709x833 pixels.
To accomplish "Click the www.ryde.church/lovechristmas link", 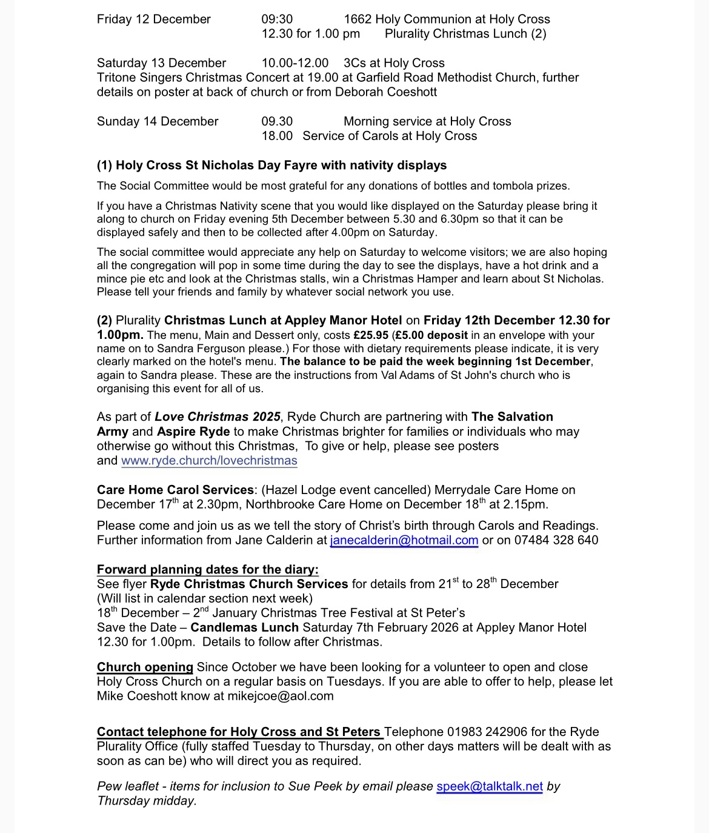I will [x=209, y=461].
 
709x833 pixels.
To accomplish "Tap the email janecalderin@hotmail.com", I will [x=404, y=540].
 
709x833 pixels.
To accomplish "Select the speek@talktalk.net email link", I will [x=490, y=786].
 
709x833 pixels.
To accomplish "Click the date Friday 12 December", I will [x=154, y=19].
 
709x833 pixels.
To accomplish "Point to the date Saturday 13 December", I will [x=161, y=63].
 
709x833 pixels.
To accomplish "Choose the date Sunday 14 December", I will [x=158, y=121].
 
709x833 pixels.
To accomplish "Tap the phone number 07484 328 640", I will [x=556, y=540].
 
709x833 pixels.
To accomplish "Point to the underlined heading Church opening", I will [x=145, y=667].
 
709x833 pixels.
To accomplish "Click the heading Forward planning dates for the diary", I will [x=207, y=569].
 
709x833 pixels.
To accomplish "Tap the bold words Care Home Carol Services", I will [x=175, y=490].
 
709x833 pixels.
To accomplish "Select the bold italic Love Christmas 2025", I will [x=218, y=416].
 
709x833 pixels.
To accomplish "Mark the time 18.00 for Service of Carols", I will [x=277, y=136].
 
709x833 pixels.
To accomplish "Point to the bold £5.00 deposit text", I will [x=431, y=335].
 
